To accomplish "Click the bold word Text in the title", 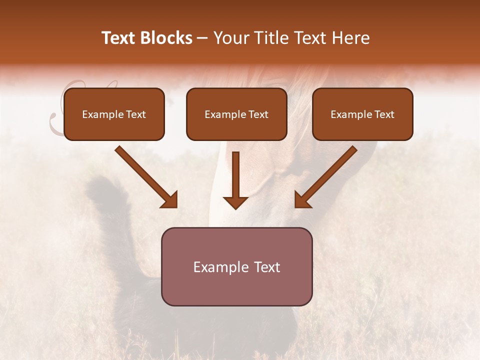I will [x=118, y=38].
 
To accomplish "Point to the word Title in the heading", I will [x=272, y=38].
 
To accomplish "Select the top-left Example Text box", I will [x=114, y=114].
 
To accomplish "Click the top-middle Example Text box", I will [x=236, y=114].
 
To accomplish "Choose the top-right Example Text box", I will [x=362, y=114].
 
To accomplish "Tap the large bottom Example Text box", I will [x=236, y=266].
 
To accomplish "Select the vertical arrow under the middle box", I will [x=235, y=180].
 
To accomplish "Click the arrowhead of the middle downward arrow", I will [x=235, y=202].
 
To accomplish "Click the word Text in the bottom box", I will [x=266, y=267].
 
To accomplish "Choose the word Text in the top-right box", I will [x=384, y=114].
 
